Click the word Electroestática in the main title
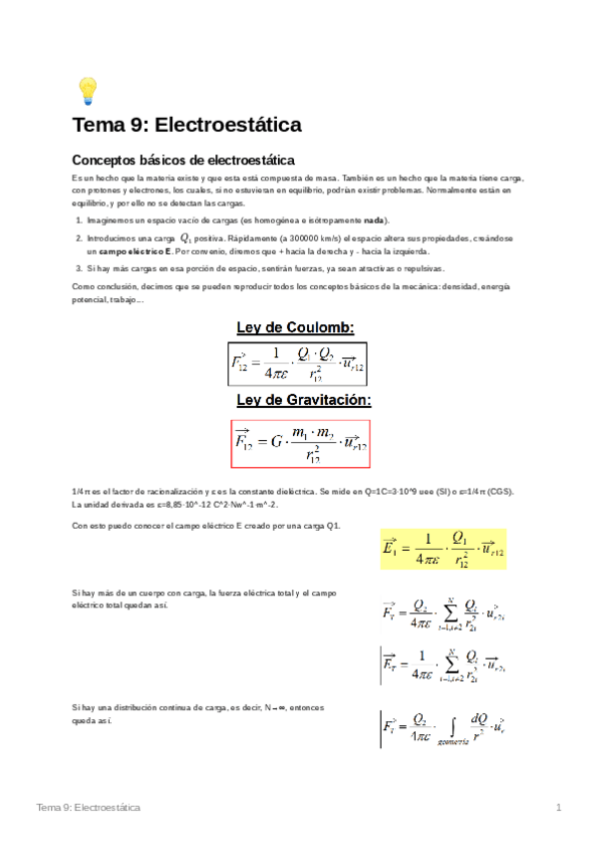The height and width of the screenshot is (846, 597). click(x=228, y=127)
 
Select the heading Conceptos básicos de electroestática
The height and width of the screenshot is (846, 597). click(x=183, y=160)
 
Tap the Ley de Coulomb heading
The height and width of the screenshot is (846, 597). click(x=295, y=327)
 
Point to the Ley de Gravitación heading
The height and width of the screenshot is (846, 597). click(x=303, y=401)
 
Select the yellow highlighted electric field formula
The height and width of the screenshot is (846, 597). click(x=444, y=549)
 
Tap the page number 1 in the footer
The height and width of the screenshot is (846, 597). click(x=559, y=806)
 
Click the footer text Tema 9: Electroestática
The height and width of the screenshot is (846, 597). click(x=89, y=806)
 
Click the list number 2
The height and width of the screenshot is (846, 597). click(x=79, y=239)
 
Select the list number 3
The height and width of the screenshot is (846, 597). click(x=79, y=269)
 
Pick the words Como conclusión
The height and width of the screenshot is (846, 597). click(x=104, y=287)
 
